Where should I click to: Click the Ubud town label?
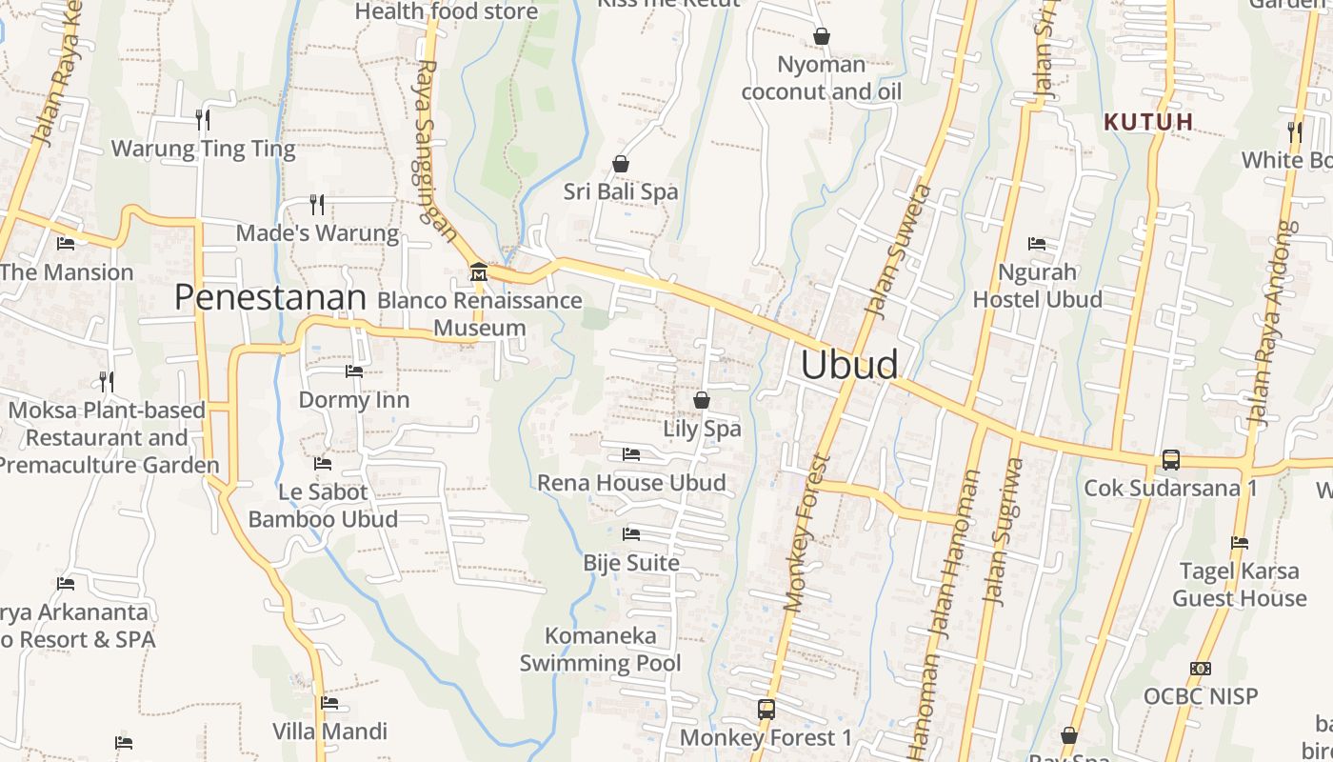coord(849,365)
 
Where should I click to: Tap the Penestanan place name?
coord(269,297)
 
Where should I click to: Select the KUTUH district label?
coord(1148,122)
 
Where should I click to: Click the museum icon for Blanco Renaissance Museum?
coord(478,273)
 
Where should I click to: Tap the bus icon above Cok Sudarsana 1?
coord(1170,460)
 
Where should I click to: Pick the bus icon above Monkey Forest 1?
coord(766,710)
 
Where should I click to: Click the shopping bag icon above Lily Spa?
coord(702,400)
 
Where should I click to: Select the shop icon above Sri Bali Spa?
coord(621,164)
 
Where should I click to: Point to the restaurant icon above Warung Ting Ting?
coord(203,120)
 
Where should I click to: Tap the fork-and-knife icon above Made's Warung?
coord(317,205)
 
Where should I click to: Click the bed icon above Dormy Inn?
coord(354,371)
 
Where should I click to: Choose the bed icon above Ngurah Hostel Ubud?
coord(1037,244)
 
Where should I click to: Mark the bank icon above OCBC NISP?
coord(1200,669)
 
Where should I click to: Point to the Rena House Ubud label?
coord(631,483)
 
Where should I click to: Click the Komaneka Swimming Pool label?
coord(600,650)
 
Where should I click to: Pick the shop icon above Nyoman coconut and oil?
coord(821,36)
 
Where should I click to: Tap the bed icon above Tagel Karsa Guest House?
coord(1239,543)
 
